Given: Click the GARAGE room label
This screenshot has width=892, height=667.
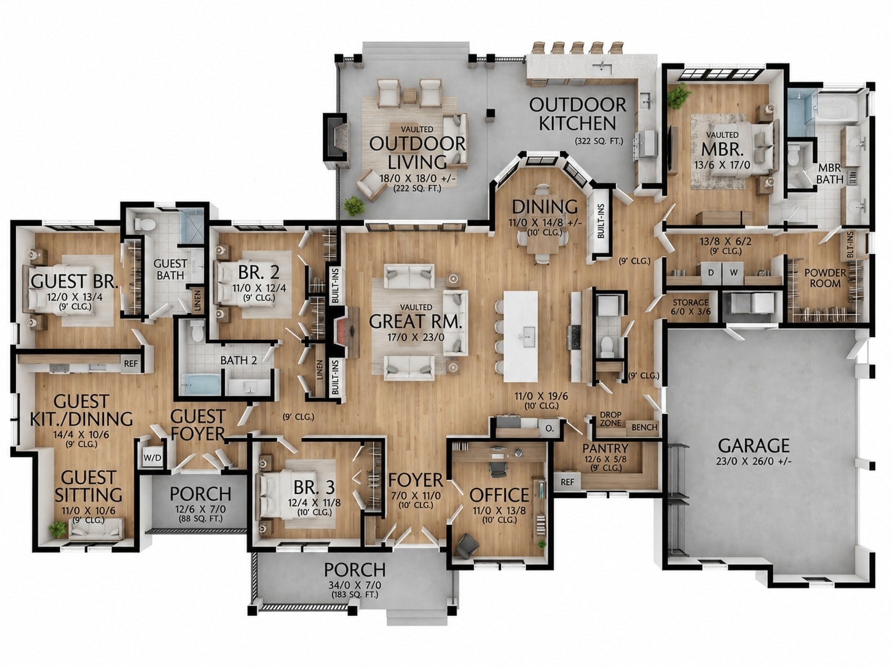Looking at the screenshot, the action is [x=754, y=445].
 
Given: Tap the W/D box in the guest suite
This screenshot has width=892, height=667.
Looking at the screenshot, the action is [x=152, y=458].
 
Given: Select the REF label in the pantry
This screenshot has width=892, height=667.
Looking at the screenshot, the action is [x=567, y=482].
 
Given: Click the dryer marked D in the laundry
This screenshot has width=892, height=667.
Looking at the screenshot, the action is [x=711, y=273].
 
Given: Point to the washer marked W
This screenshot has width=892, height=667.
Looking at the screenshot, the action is [x=733, y=273].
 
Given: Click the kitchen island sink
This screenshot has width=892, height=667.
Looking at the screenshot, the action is [x=528, y=337].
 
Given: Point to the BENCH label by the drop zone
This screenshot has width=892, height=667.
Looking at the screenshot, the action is [x=644, y=427].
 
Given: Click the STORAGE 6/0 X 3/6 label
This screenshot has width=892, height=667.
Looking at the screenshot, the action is [x=690, y=307].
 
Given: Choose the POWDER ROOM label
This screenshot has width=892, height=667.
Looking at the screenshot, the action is [x=825, y=278].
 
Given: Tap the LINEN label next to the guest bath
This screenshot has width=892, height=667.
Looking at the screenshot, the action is [x=198, y=301].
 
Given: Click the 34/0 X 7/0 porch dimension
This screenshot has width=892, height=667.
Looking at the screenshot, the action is [x=355, y=585].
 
